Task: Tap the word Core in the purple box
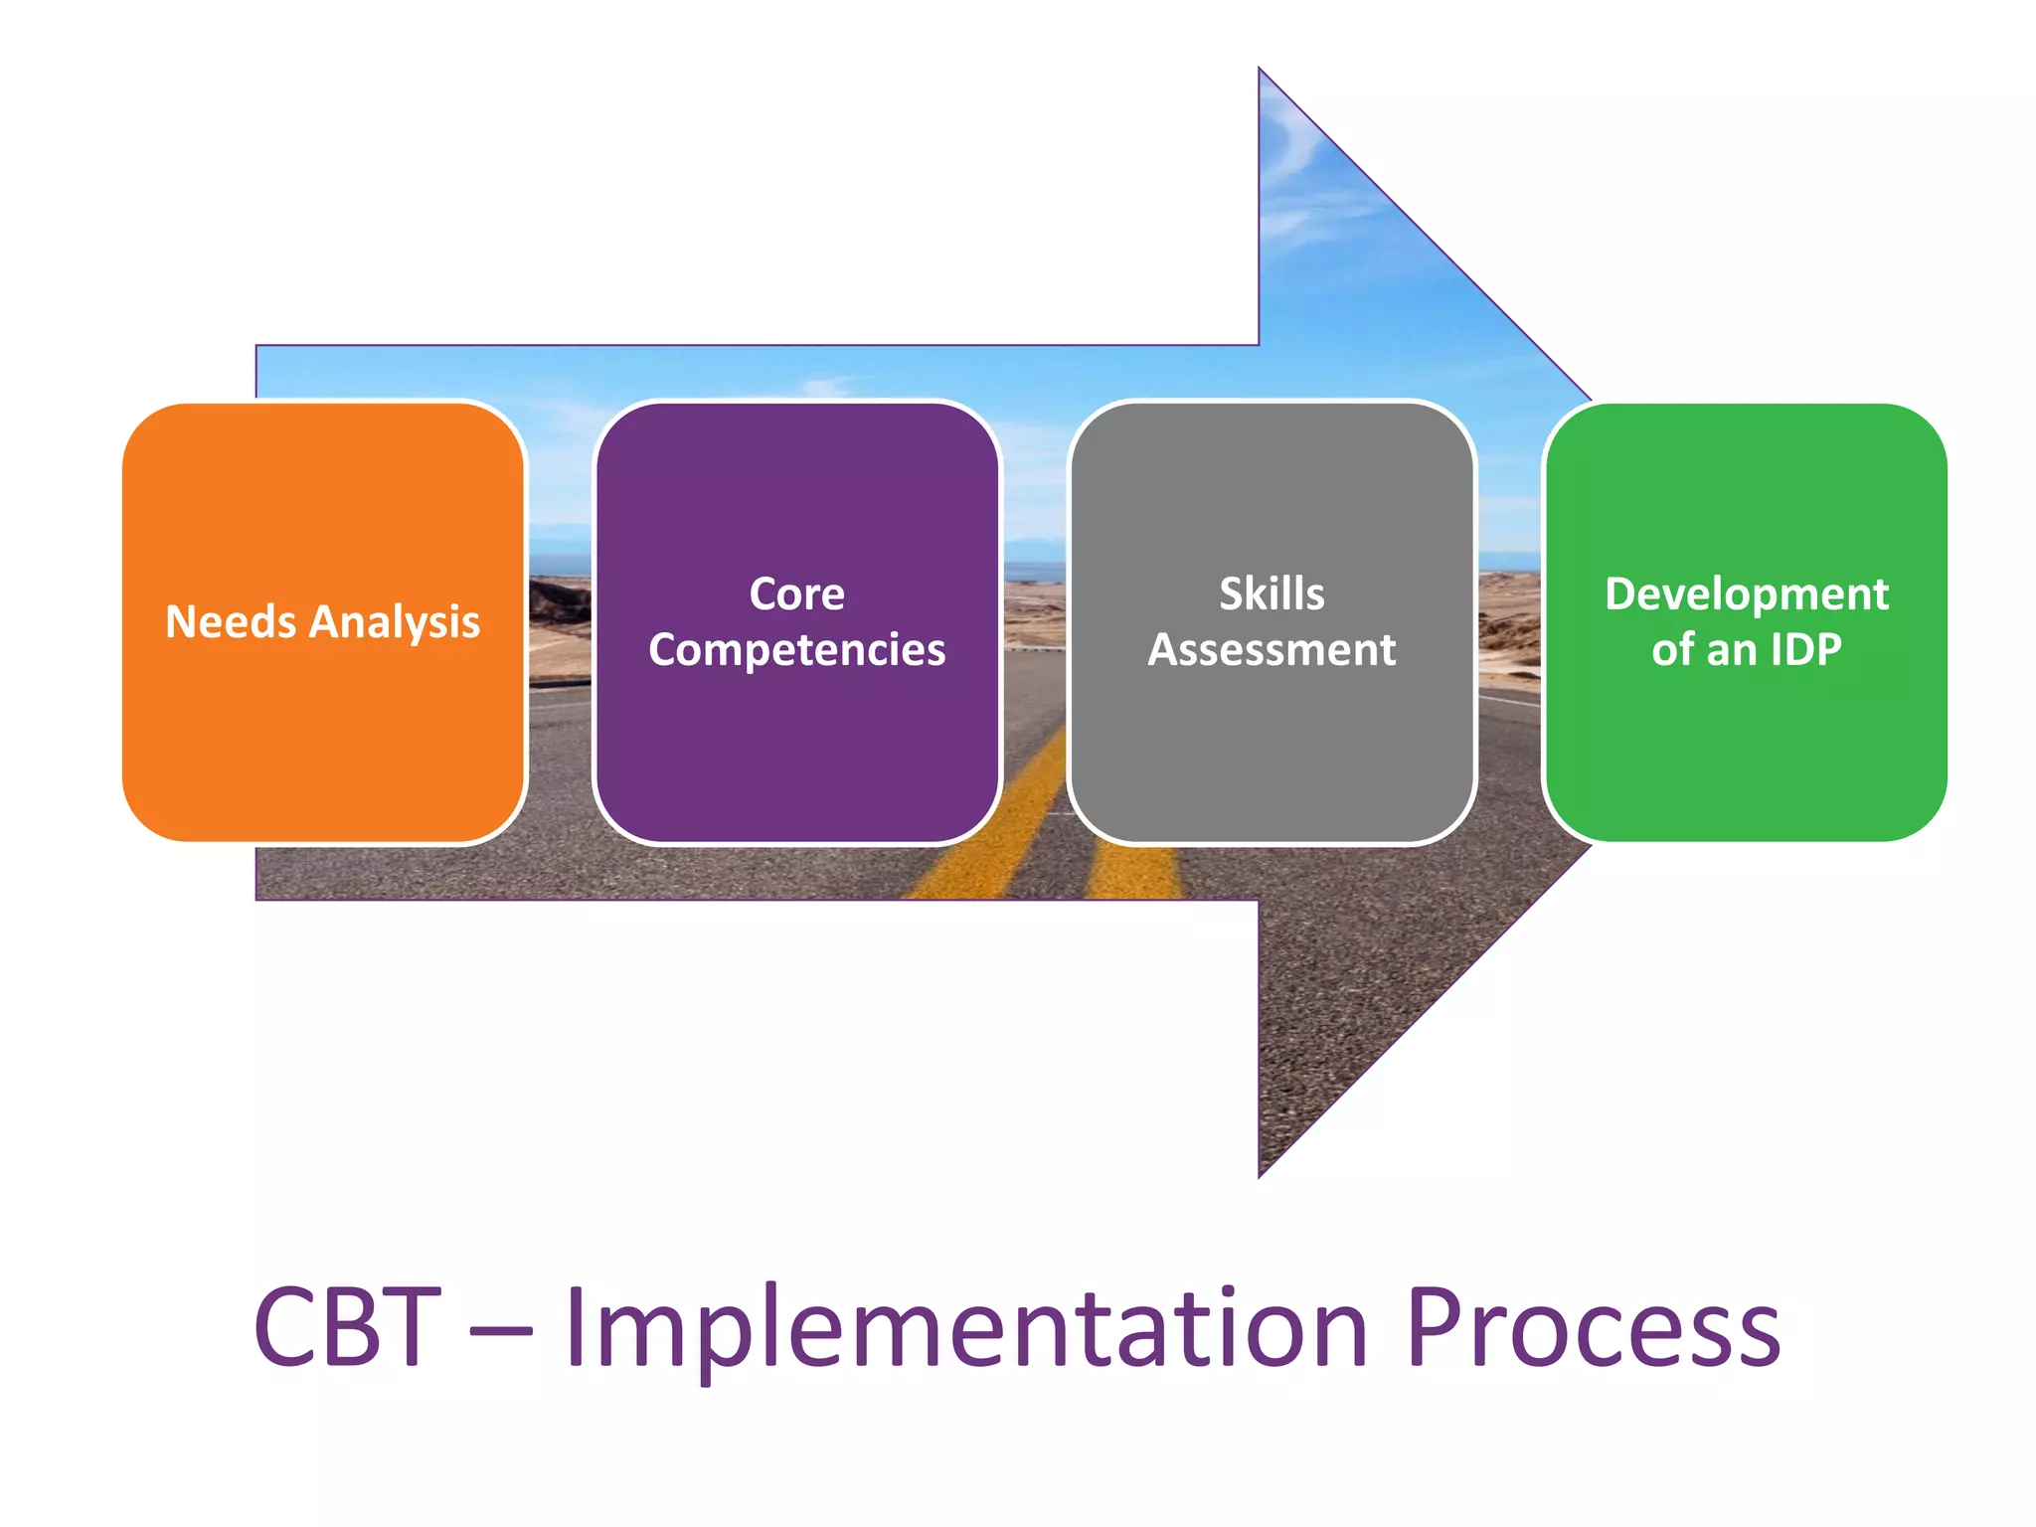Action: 796,594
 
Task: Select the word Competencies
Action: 796,651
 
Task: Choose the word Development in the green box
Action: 1746,594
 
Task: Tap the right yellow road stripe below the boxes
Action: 1133,870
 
